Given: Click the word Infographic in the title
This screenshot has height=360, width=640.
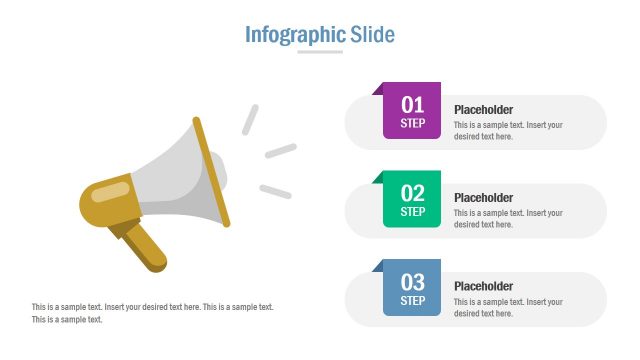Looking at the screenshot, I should (295, 35).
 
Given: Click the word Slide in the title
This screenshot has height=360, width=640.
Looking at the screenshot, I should (373, 35).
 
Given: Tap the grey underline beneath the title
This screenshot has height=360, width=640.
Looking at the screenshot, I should (320, 52).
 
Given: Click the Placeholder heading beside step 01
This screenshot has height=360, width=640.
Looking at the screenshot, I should (483, 109).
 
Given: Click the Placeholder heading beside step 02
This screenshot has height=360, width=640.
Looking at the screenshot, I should (483, 197).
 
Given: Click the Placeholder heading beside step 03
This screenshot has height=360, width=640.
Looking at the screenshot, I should (483, 286).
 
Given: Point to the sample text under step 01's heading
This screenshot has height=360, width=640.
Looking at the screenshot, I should (508, 131).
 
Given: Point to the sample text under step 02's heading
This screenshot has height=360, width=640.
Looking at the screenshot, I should (508, 219).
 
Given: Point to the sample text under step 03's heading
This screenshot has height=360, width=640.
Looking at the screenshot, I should (508, 307).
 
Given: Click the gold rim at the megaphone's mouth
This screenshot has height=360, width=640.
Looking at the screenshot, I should (211, 170).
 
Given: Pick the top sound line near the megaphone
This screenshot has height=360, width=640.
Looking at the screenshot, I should (250, 120).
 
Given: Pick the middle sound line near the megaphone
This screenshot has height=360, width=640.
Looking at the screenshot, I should (280, 151).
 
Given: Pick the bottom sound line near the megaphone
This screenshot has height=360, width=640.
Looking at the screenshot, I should (275, 191).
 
